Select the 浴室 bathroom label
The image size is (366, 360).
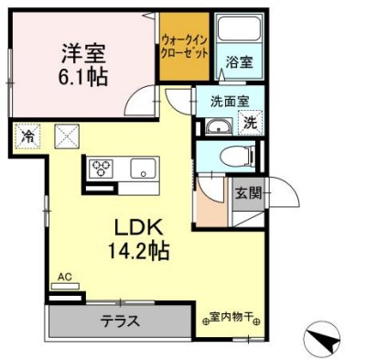(x=240, y=62)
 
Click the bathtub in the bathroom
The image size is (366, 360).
(x=239, y=31)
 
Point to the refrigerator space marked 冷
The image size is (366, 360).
(x=27, y=136)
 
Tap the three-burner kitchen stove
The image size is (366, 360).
(x=99, y=169)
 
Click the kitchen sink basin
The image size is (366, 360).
(x=141, y=169)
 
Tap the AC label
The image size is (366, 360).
(x=64, y=276)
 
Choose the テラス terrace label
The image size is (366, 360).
(x=120, y=321)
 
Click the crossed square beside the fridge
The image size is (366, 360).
(x=68, y=136)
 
